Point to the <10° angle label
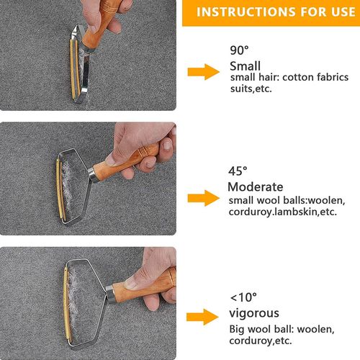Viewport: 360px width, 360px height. click(243, 297)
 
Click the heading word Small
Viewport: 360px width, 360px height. click(245, 66)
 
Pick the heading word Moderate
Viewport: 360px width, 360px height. click(256, 187)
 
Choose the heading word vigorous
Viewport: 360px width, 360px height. click(254, 313)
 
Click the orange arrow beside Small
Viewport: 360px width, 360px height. click(204, 72)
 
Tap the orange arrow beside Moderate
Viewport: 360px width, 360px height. click(204, 198)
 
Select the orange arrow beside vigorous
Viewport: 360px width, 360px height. click(202, 317)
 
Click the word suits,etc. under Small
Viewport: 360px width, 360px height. click(251, 89)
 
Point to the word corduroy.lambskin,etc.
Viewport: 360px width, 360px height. click(283, 212)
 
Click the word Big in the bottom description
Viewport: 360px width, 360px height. click(237, 329)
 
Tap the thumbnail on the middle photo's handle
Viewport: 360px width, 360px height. click(110, 160)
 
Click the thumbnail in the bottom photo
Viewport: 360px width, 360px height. click(130, 284)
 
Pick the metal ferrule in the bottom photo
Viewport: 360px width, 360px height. click(110, 294)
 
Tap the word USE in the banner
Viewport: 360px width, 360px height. click(343, 12)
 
